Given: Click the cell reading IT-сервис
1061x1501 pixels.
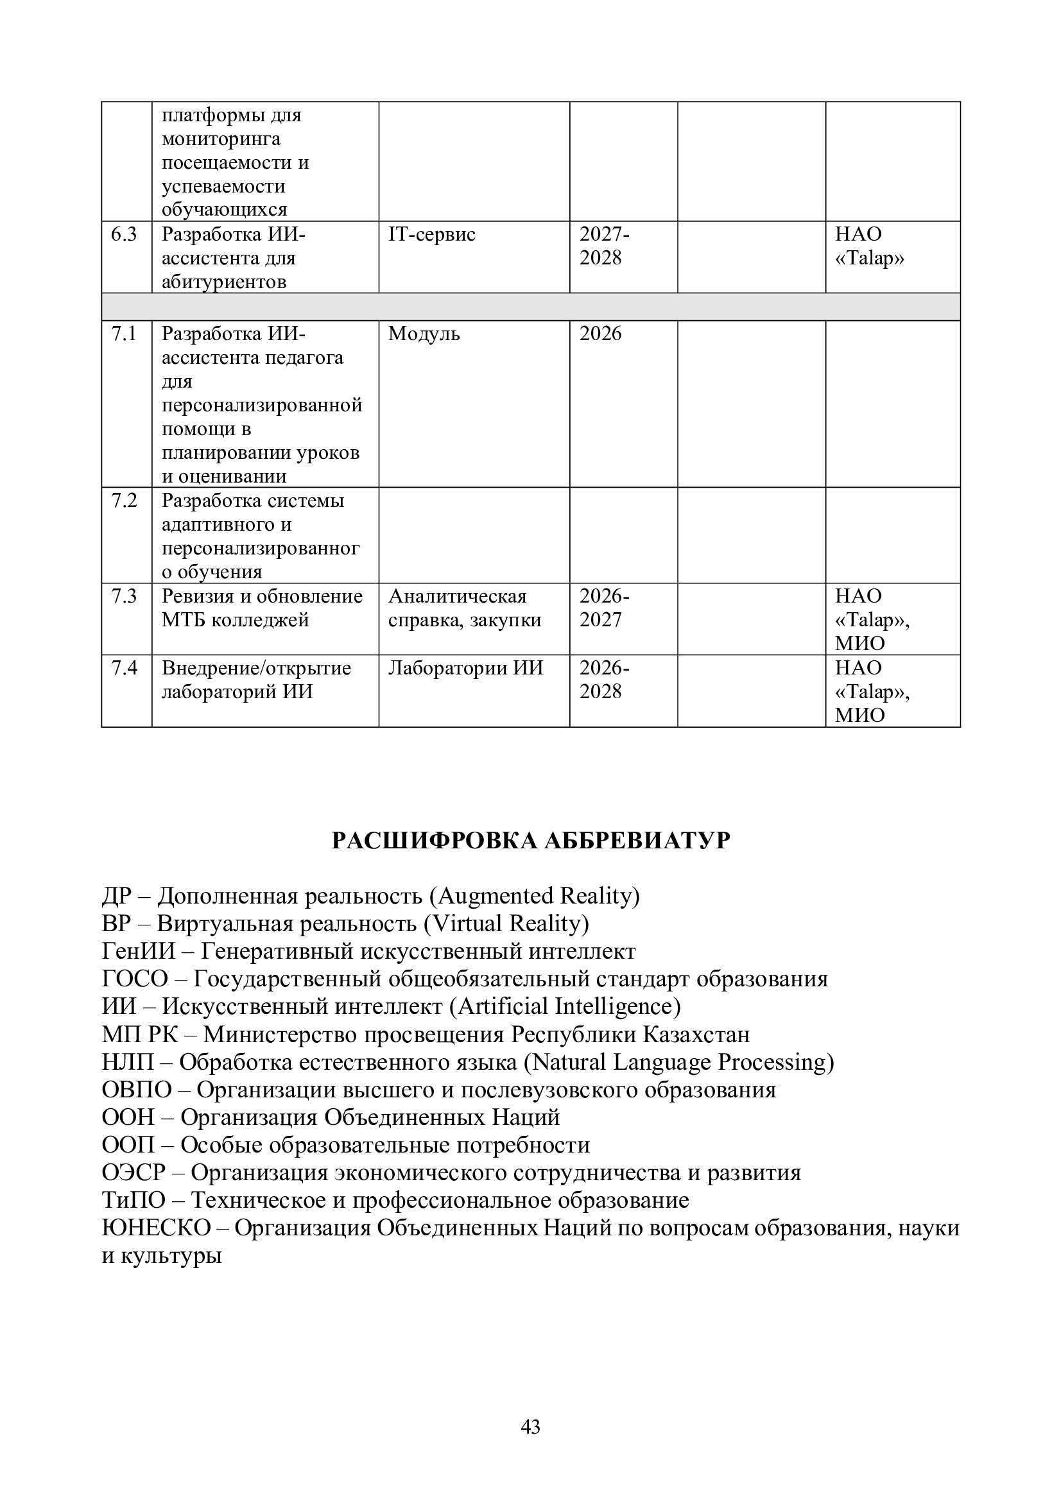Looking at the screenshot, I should (x=431, y=235).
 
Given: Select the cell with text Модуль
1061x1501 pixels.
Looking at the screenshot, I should (x=424, y=334).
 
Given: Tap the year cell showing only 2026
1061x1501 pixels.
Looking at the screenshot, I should (x=600, y=334).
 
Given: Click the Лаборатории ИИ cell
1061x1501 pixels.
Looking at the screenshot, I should (x=465, y=668).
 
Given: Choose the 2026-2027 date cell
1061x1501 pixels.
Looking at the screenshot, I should (x=604, y=608).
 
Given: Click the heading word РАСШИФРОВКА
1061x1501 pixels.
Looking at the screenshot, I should (x=435, y=841).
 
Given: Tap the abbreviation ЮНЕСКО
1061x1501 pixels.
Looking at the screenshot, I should (x=156, y=1228).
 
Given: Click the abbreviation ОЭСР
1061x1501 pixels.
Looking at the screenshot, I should (x=134, y=1173).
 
